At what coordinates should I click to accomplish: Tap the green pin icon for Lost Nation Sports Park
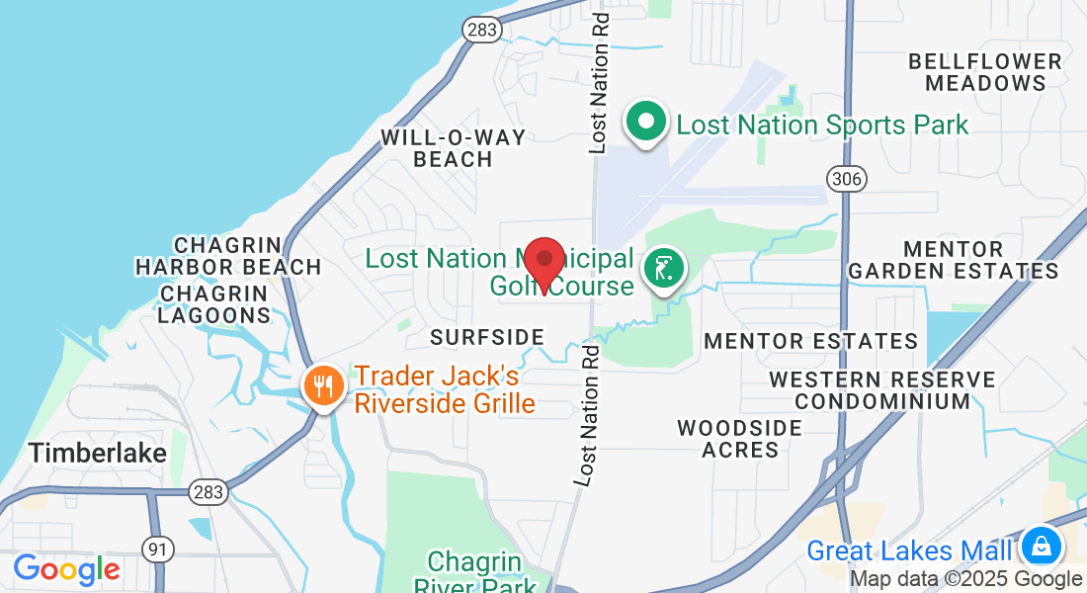pyautogui.click(x=647, y=124)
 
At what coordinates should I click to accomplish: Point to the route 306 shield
pyautogui.click(x=847, y=179)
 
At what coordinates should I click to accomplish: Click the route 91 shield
pyautogui.click(x=157, y=548)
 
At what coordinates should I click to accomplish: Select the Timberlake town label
pyautogui.click(x=97, y=453)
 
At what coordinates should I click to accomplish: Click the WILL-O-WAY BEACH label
pyautogui.click(x=455, y=148)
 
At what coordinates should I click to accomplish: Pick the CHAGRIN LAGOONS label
pyautogui.click(x=214, y=304)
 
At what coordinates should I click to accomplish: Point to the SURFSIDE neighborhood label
pyautogui.click(x=487, y=337)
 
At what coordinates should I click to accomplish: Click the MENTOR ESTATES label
pyautogui.click(x=810, y=342)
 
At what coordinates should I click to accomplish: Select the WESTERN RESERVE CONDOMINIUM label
pyautogui.click(x=882, y=390)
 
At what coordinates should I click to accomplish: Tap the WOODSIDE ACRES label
pyautogui.click(x=739, y=439)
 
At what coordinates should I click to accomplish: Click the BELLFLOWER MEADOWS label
pyautogui.click(x=985, y=72)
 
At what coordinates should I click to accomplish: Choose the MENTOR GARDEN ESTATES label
pyautogui.click(x=954, y=260)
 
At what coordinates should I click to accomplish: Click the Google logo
pyautogui.click(x=66, y=569)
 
